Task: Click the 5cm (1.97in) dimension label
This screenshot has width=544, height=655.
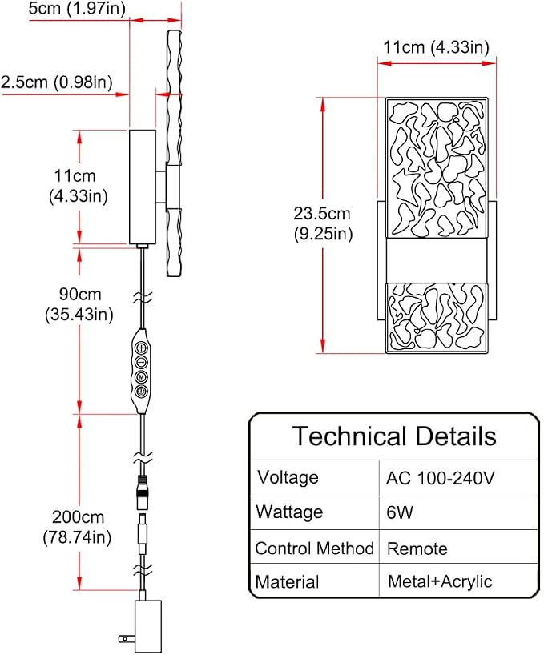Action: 77,8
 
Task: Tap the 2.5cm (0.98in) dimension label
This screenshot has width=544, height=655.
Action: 57,82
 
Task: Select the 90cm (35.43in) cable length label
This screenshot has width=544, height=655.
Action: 79,304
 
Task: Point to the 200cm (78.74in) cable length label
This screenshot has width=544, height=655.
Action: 77,527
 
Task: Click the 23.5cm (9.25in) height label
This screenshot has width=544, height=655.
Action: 323,223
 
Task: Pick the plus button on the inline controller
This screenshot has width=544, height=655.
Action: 142,348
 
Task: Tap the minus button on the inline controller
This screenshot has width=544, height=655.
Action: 142,362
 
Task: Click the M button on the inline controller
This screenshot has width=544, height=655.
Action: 142,377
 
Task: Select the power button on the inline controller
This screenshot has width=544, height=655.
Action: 142,392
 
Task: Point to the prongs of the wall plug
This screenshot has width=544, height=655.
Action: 127,638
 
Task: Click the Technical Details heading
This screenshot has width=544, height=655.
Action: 394,436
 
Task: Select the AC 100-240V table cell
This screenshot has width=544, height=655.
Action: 440,478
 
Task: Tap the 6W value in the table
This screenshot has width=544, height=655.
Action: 400,512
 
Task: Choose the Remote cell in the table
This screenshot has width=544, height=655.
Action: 417,549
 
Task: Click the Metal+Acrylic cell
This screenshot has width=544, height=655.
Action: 440,581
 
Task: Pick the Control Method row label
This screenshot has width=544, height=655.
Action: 315,549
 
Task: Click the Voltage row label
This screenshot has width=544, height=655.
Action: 288,477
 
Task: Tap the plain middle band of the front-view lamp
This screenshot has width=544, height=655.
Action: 436,260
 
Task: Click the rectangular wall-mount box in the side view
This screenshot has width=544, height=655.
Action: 143,187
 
